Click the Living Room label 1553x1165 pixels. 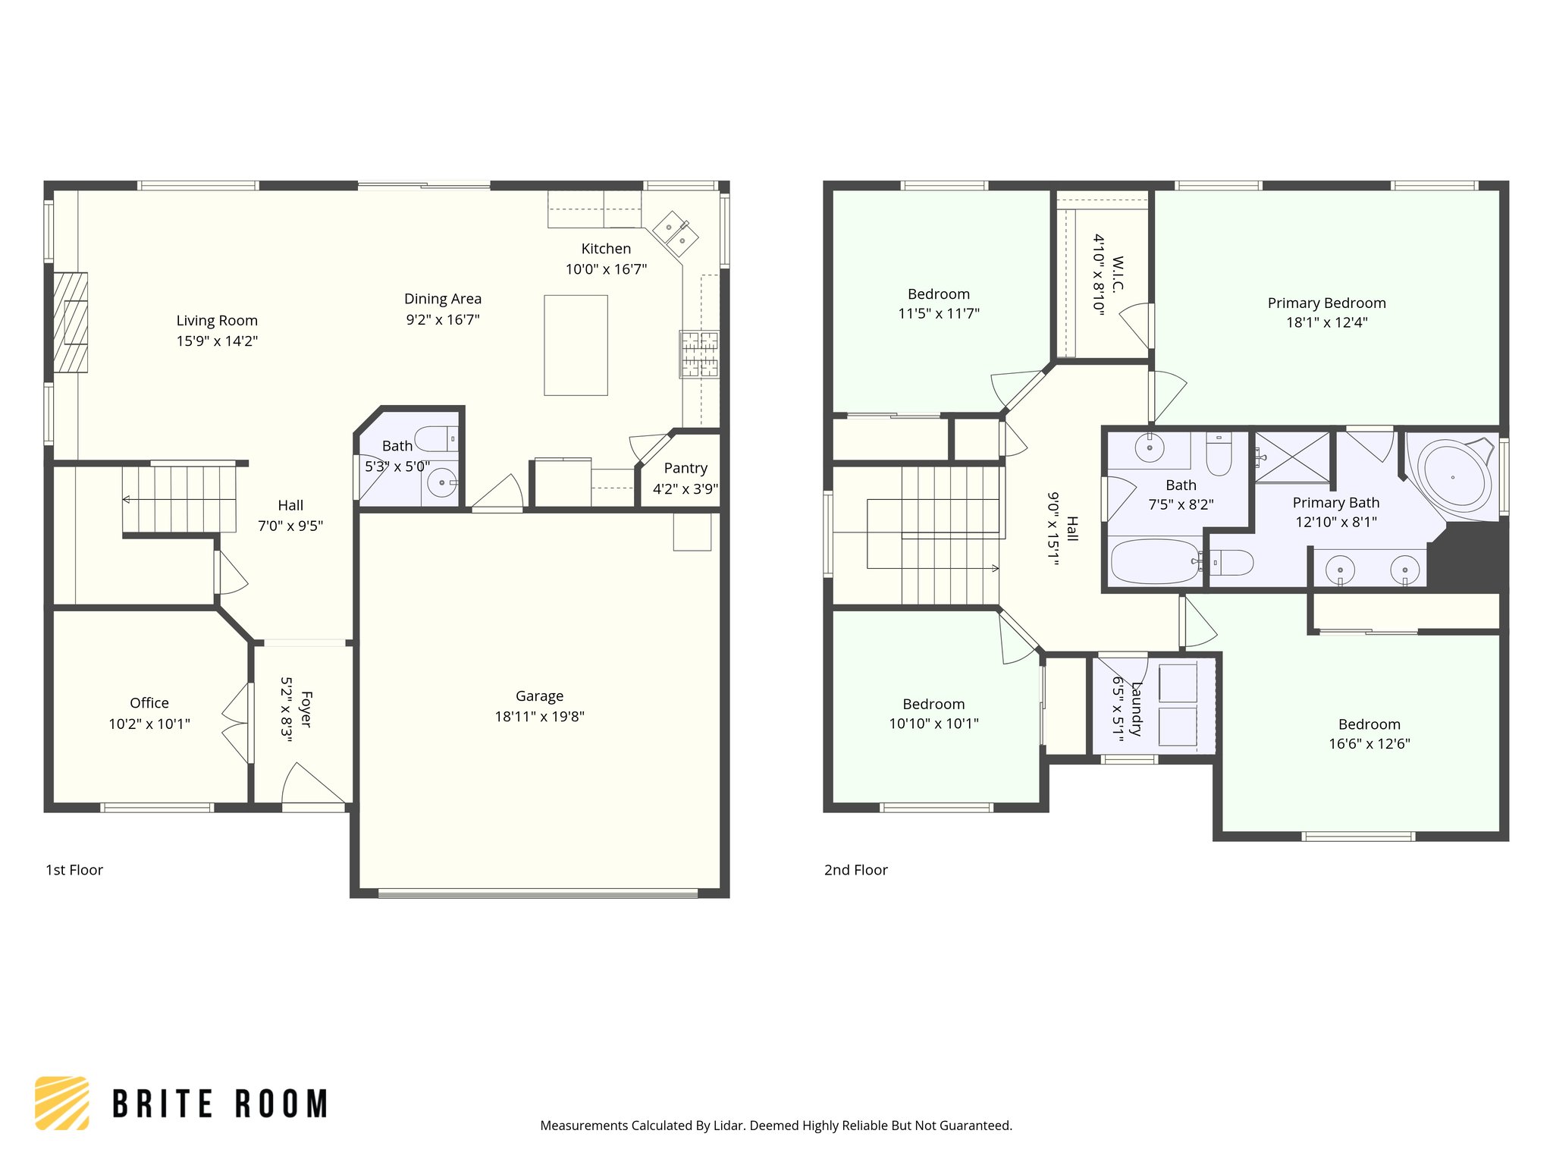click(x=217, y=321)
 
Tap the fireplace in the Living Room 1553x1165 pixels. click(x=71, y=322)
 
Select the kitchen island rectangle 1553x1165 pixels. click(x=576, y=345)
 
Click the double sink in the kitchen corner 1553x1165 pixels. click(x=675, y=232)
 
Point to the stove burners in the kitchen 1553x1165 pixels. click(x=699, y=353)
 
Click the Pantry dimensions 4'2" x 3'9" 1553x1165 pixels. click(x=685, y=489)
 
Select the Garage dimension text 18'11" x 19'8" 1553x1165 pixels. click(x=539, y=717)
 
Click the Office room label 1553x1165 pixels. click(x=149, y=703)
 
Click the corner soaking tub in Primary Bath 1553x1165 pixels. click(x=1453, y=477)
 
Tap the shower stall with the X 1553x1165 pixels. click(x=1292, y=457)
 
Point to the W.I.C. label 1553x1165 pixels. click(x=1118, y=274)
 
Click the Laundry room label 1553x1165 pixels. click(x=1136, y=708)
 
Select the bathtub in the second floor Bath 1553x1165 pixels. click(x=1154, y=561)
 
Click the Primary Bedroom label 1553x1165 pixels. click(x=1326, y=303)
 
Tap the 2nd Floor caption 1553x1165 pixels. click(x=855, y=870)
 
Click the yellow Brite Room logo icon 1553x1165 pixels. click(x=62, y=1103)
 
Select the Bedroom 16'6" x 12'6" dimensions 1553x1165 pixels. click(x=1369, y=744)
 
